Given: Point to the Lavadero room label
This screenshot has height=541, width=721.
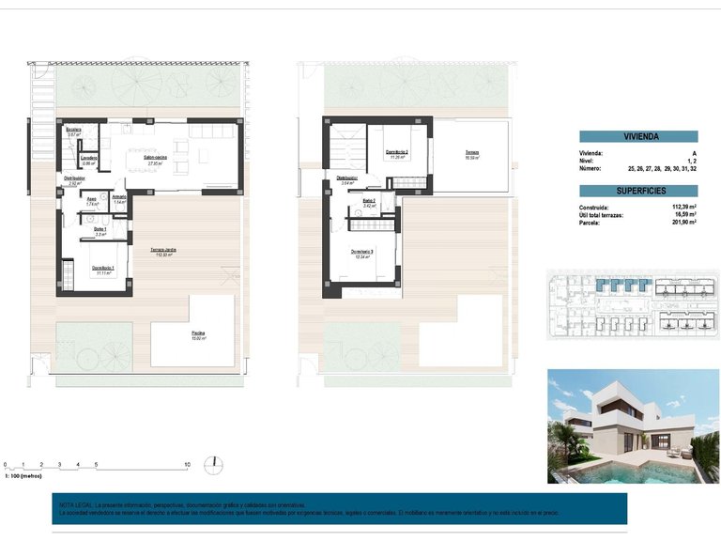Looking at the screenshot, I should point(89,159).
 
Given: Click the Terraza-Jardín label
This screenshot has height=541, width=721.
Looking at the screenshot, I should point(164,251).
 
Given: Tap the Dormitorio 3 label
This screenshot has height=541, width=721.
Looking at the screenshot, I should point(362,252).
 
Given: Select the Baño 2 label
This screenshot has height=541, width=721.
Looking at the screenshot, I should point(368,201).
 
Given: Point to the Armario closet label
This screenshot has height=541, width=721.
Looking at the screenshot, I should point(119,198).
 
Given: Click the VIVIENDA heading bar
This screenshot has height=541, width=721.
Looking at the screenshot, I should point(637,136).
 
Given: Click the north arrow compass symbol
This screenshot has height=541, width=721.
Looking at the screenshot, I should point(217,462).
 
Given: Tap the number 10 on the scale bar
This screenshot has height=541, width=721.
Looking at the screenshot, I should point(188,465).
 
